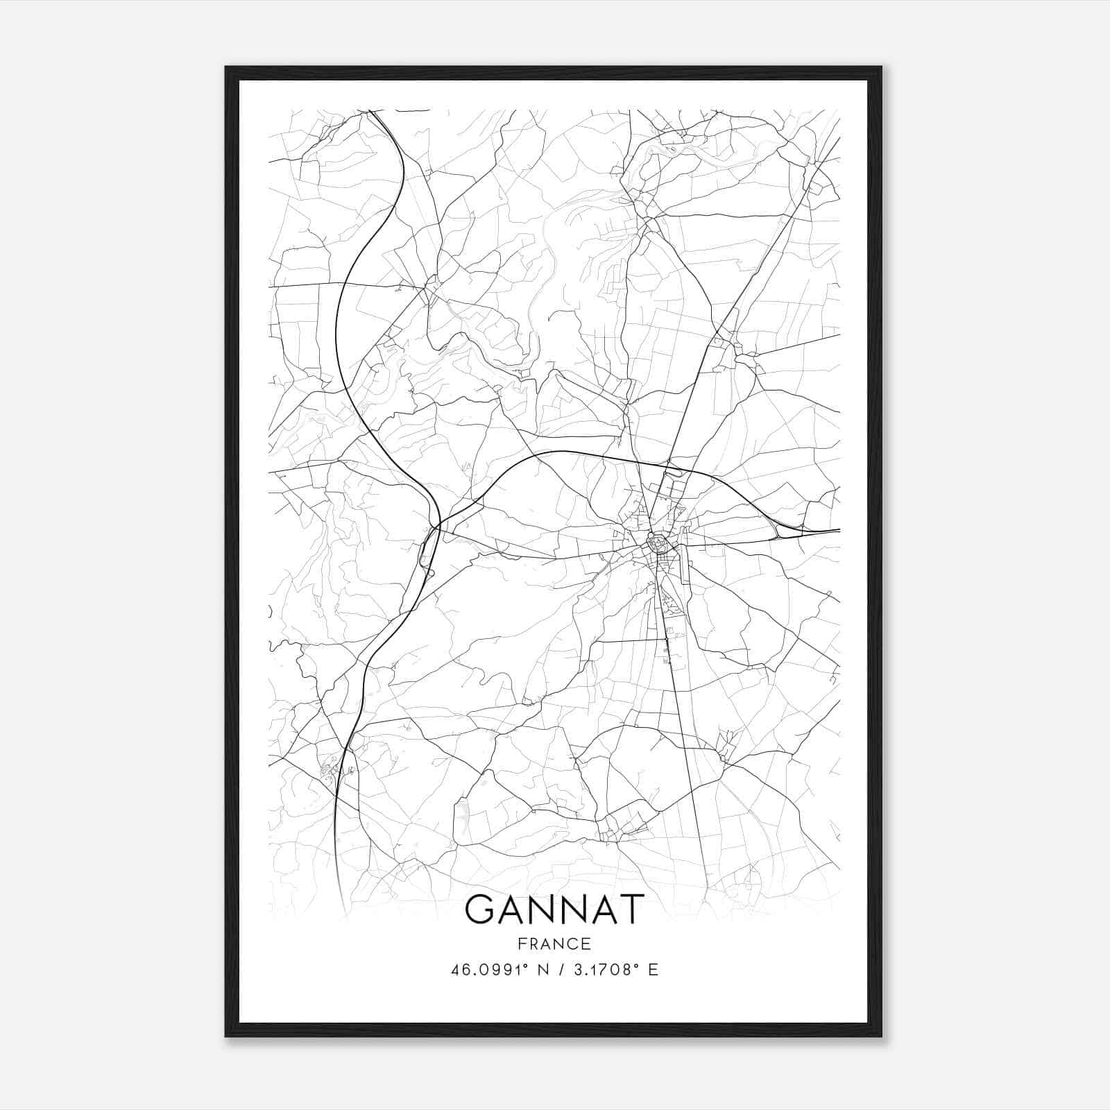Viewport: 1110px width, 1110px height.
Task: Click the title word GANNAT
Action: click(x=554, y=910)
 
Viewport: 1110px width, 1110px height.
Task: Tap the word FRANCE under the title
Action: click(x=554, y=943)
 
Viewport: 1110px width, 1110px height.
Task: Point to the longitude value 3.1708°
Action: click(x=601, y=970)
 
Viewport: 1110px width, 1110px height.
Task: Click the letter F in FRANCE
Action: click(x=522, y=943)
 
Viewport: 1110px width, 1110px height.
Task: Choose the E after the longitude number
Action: click(x=653, y=970)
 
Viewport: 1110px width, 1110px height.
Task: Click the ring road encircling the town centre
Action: click(x=654, y=540)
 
